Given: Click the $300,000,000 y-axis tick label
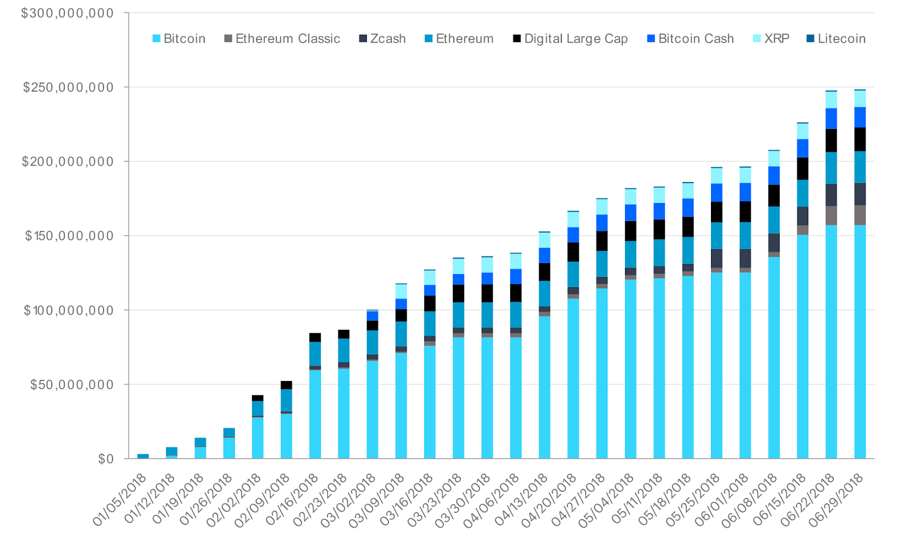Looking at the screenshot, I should pyautogui.click(x=67, y=13).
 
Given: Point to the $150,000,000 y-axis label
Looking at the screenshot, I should pyautogui.click(x=69, y=236).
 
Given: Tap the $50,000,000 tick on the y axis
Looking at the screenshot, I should pyautogui.click(x=72, y=384).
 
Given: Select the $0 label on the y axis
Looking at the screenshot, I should pyautogui.click(x=106, y=459).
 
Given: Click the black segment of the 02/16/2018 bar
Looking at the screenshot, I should pyautogui.click(x=315, y=337).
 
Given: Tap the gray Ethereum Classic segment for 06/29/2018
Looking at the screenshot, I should pyautogui.click(x=859, y=215).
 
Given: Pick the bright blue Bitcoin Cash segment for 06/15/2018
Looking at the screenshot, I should pyautogui.click(x=803, y=148).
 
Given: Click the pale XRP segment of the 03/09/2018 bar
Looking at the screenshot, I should pyautogui.click(x=401, y=291).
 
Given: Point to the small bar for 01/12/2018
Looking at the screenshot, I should pyautogui.click(x=172, y=452).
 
